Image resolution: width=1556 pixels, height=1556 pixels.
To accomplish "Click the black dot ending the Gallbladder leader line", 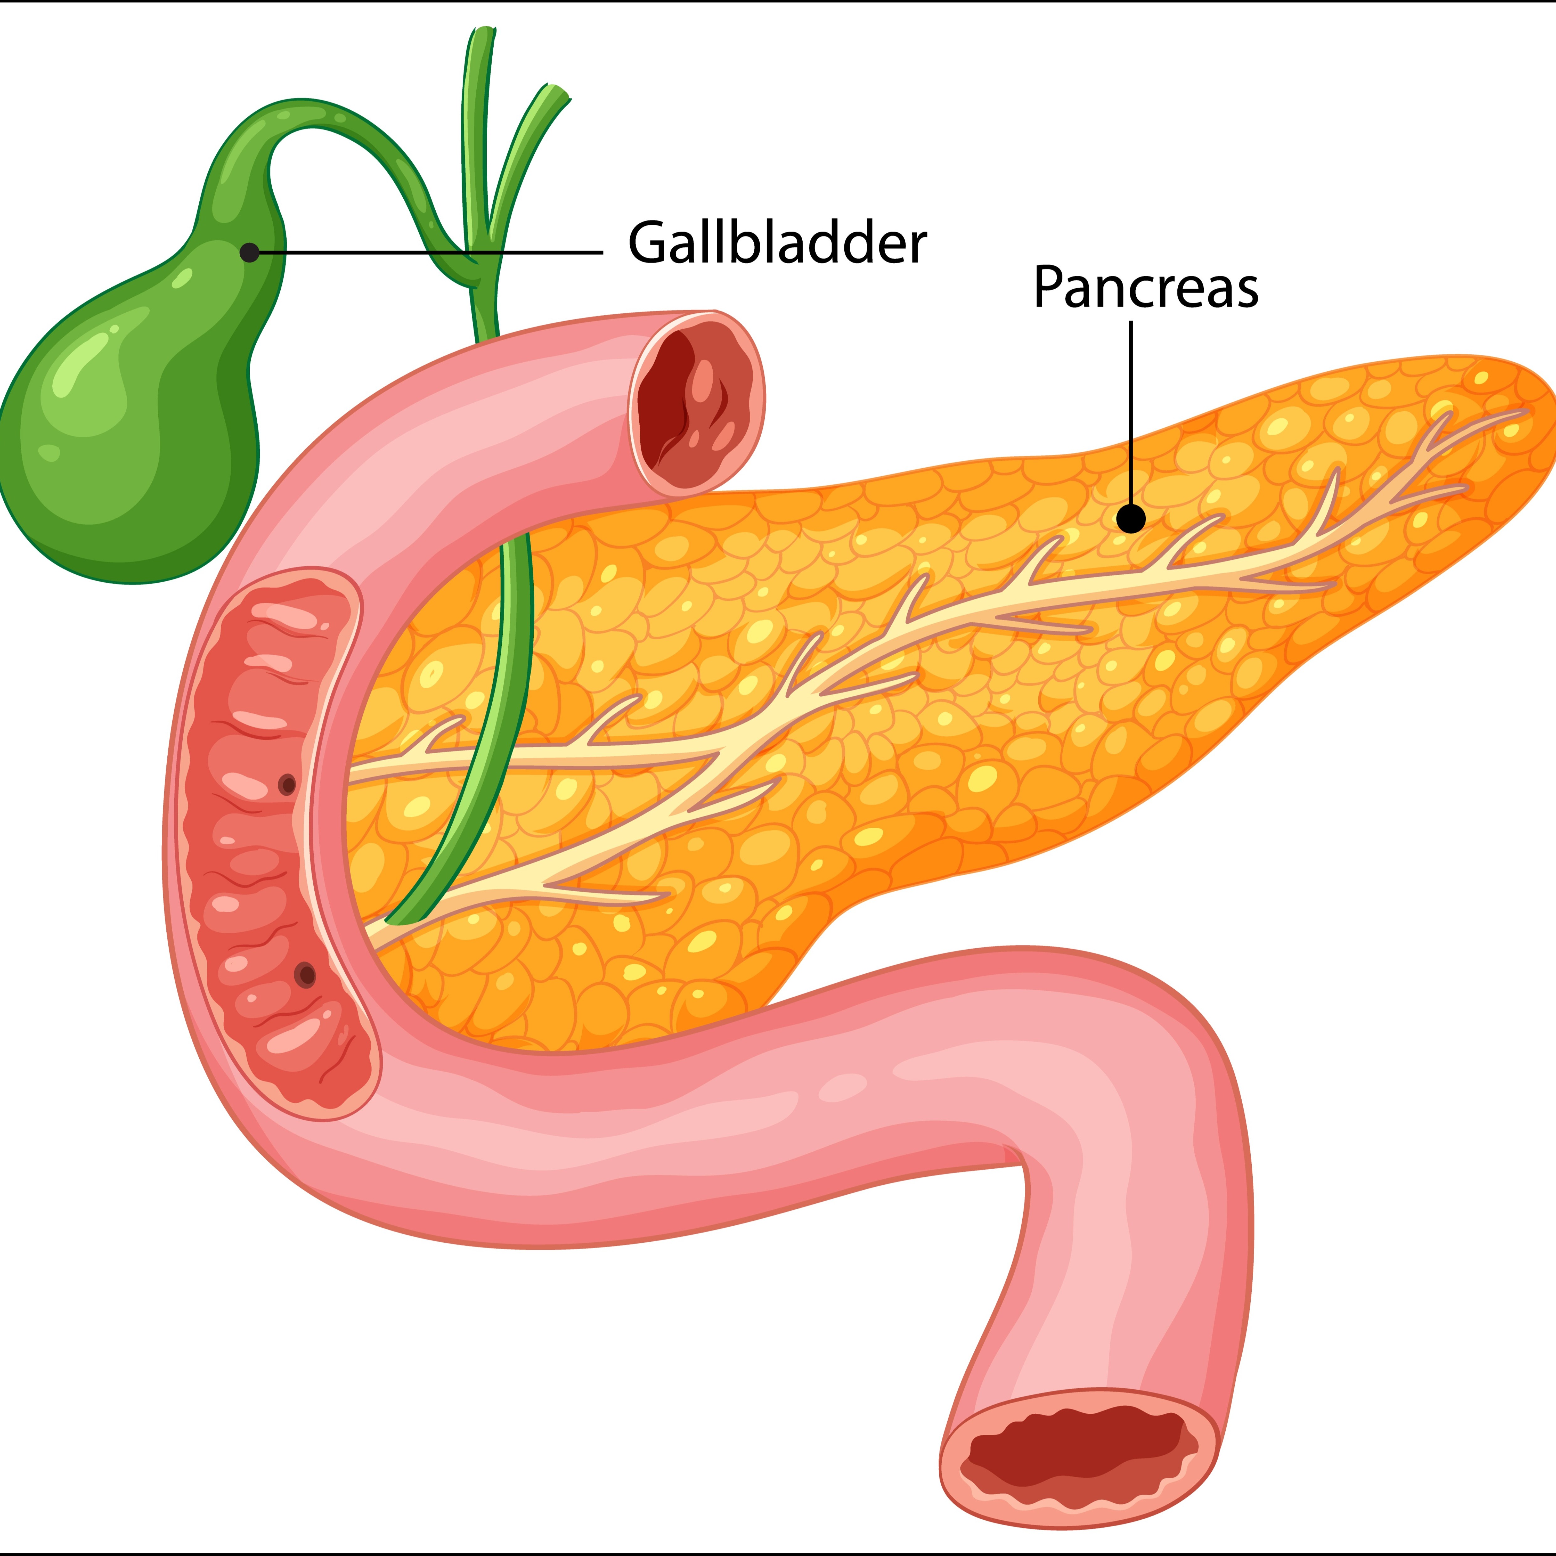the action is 250,252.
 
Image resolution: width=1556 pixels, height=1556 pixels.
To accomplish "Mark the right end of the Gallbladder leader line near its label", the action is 602,252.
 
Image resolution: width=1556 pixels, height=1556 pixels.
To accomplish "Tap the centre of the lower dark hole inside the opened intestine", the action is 305,975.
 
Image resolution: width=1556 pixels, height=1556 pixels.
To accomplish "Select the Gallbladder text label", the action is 777,242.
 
